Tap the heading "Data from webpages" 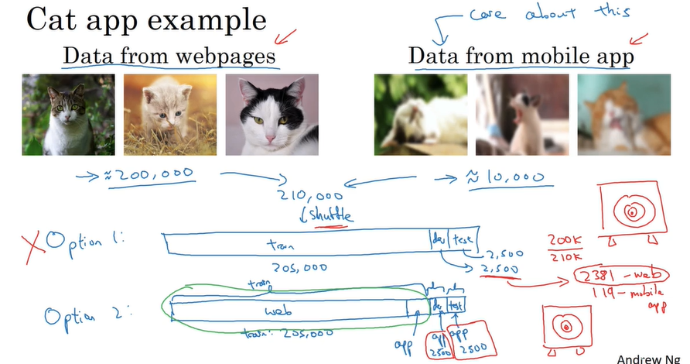coord(169,57)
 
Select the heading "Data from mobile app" coord(521,57)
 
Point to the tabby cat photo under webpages coord(68,114)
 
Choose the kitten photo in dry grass coord(169,114)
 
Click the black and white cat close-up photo coord(272,114)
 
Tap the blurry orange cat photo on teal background coord(623,114)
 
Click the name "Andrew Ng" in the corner coord(652,358)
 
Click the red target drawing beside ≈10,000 coord(633,210)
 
